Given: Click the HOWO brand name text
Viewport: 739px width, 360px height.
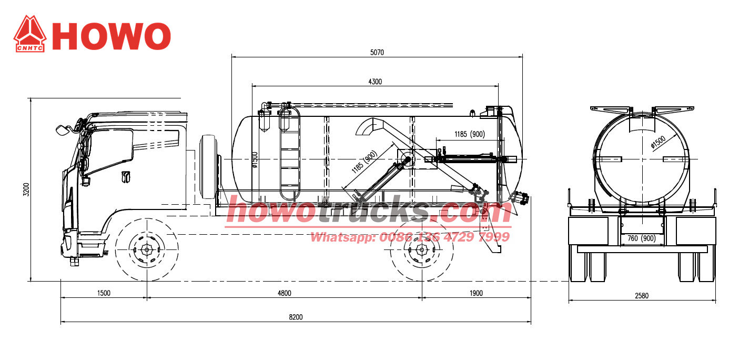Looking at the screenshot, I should point(112,36).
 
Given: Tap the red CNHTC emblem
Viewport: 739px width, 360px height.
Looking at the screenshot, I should point(29,34).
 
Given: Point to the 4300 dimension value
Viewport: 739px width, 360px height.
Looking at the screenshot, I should point(374,82).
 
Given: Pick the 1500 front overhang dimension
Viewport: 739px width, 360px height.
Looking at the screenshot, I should point(104,293).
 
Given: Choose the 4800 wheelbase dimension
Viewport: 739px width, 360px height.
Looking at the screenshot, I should point(284,293).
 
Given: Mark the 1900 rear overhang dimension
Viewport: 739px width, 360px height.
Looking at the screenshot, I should point(475,293).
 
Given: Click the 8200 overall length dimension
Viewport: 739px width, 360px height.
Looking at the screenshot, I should point(296,317).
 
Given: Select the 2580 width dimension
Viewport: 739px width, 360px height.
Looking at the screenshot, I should point(642,296).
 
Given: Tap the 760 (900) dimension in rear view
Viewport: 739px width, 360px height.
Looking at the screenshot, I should point(641,238).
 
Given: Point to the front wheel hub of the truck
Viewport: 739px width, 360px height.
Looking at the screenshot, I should point(146,250).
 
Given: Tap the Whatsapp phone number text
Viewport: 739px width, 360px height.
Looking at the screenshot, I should point(410,237).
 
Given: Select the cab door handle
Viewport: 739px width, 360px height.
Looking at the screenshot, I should point(126,176).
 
